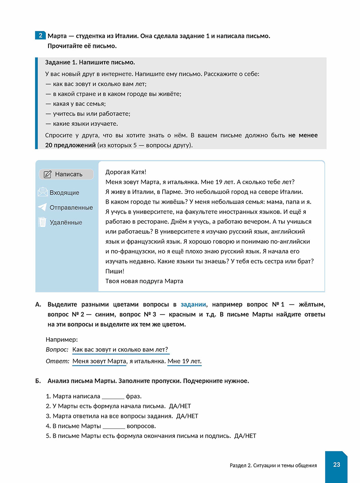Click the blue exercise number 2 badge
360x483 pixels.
pos(41,35)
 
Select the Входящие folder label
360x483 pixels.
pos(64,193)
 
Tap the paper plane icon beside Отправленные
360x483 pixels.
pos(42,207)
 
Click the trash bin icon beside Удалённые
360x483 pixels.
pos(42,222)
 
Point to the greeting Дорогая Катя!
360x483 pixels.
pos(126,172)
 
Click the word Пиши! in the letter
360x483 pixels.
pos(115,271)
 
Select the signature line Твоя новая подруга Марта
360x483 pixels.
pos(144,281)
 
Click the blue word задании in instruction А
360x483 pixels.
pos(193,304)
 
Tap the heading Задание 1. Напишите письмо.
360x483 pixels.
pos(90,63)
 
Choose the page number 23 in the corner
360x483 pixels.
pos(336,464)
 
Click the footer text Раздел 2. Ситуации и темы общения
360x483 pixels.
pos(273,466)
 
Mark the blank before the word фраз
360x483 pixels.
pos(113,397)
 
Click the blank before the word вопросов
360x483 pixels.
pos(113,426)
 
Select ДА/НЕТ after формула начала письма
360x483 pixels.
pos(180,406)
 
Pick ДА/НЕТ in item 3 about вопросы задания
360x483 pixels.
pos(187,416)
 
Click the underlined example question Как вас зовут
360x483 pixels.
pos(120,350)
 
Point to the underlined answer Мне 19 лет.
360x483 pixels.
pos(184,361)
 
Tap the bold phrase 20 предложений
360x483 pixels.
pos(70,145)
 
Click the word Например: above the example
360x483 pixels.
pos(61,339)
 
